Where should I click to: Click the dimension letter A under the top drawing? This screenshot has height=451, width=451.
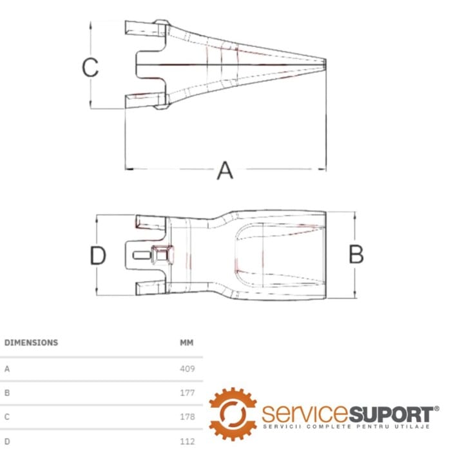point(225,171)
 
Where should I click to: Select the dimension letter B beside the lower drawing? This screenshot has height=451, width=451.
point(356,254)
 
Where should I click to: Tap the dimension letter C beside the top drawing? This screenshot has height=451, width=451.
point(90,67)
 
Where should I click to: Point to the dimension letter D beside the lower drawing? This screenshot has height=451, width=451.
point(98,255)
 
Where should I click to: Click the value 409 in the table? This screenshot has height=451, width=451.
point(187,369)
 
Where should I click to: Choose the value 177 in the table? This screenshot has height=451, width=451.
point(187,392)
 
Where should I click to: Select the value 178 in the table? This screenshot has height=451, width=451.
point(187,416)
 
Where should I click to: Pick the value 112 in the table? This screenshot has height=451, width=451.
point(187,441)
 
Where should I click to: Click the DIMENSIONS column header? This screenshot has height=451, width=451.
point(32,343)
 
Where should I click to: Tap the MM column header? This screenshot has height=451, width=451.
point(187,343)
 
